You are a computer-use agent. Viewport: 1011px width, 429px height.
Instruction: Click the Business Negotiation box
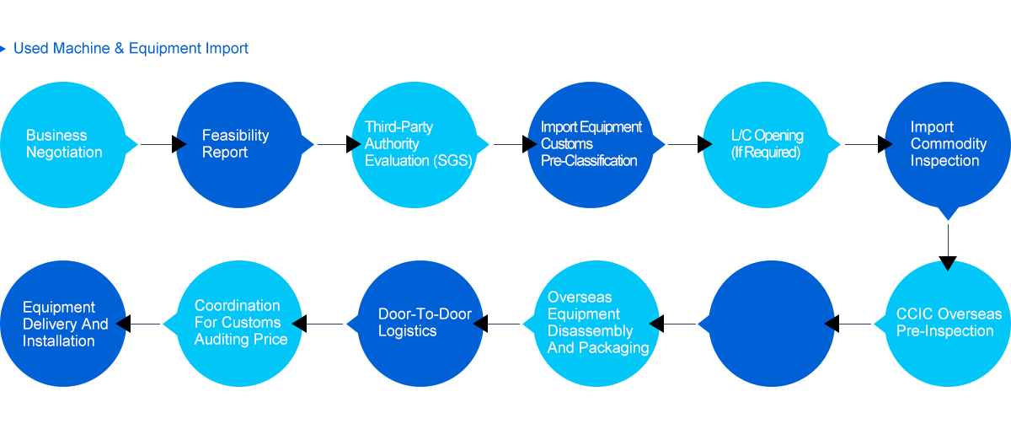63,144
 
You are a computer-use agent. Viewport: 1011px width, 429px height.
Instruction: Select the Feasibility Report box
238,144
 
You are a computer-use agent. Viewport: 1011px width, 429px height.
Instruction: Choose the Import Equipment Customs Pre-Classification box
590,144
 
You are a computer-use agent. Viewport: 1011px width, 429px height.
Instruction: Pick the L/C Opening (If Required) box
765,144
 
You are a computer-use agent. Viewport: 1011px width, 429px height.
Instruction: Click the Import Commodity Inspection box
947,144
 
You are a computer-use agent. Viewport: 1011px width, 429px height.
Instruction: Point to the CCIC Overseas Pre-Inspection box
947,323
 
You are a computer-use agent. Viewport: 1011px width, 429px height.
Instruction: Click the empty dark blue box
771,323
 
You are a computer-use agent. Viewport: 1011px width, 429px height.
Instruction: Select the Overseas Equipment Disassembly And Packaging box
596,323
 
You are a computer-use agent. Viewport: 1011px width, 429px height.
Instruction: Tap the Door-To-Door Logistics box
420,323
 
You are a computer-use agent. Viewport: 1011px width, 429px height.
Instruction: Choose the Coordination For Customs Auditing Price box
238,323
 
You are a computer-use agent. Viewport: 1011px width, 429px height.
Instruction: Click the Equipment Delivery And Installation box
63,323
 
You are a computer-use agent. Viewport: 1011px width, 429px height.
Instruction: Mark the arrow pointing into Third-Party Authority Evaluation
339,144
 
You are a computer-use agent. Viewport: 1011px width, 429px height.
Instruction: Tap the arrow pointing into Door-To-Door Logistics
497,323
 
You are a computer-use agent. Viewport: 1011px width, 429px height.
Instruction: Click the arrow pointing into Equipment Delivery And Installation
139,323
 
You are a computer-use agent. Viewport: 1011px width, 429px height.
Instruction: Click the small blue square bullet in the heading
3,48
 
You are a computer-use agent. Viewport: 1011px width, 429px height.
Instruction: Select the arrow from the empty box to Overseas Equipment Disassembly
674,323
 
